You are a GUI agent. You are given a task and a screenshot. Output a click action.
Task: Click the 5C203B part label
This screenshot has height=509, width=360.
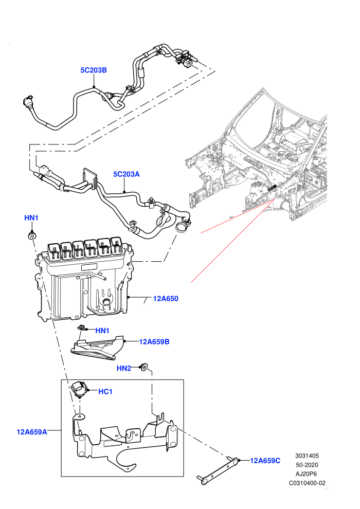point(94,70)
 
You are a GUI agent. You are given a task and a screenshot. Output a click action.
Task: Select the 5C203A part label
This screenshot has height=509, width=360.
point(127,174)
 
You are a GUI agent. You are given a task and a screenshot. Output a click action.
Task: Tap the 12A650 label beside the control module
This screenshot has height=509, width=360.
point(166,299)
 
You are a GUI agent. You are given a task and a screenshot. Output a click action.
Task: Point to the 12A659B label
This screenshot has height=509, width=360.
point(154,341)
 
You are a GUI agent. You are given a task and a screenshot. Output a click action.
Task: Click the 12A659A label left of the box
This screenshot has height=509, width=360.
point(32,432)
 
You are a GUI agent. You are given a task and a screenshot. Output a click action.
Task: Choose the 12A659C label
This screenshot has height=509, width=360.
point(265,461)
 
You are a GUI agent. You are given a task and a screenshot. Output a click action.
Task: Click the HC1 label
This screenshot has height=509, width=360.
point(105,392)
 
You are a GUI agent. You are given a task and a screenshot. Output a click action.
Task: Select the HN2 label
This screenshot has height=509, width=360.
point(123,368)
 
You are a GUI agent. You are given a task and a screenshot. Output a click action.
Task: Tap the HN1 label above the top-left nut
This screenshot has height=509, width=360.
point(31,218)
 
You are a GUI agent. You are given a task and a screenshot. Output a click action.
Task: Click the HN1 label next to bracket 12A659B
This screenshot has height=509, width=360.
point(102,331)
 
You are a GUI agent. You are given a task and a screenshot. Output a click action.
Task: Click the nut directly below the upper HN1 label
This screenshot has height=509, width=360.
point(32,235)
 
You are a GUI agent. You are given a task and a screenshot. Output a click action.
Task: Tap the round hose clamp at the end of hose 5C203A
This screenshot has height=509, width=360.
point(183,226)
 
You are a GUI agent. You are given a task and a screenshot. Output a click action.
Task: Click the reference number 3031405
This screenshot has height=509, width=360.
point(307,456)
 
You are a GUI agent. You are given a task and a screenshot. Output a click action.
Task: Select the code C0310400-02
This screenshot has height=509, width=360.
point(307,483)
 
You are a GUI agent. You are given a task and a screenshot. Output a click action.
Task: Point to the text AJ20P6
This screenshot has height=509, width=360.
point(307,474)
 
